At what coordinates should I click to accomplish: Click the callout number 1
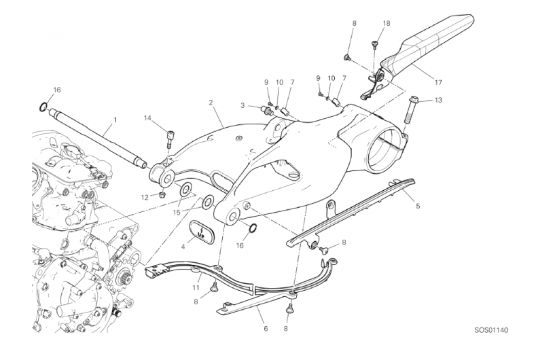coord(115,120)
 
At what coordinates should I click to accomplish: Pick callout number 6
coord(266,329)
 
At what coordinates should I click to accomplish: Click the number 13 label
coord(439,101)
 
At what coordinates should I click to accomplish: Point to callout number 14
coord(147,118)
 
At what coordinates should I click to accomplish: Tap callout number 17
coord(438,83)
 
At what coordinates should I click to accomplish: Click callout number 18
coord(387,24)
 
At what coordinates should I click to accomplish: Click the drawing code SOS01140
coord(490,331)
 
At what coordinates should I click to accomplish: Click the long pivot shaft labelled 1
coord(95,136)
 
